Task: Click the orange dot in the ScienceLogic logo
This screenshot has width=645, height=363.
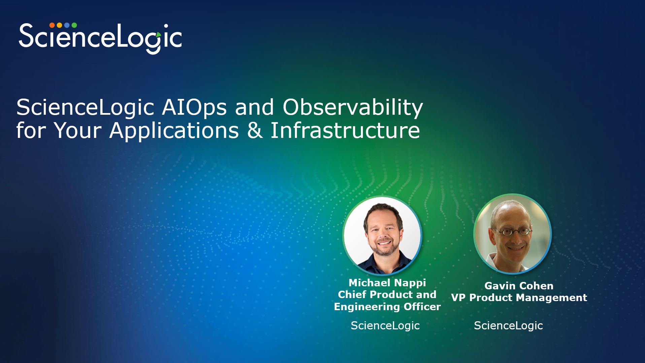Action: [x=52, y=25]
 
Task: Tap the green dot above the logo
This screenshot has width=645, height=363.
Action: [x=74, y=25]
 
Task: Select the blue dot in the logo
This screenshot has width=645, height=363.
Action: [x=67, y=25]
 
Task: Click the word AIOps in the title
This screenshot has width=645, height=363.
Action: [x=194, y=108]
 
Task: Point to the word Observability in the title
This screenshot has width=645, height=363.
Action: [x=352, y=108]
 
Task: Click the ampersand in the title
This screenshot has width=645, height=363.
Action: [x=255, y=130]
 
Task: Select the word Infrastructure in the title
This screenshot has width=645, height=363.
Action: [x=345, y=130]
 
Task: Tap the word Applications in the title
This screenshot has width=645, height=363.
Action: [x=174, y=131]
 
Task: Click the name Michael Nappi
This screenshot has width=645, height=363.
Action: [x=387, y=283]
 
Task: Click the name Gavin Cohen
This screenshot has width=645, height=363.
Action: [x=519, y=286]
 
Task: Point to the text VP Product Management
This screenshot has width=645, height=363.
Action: [x=519, y=297]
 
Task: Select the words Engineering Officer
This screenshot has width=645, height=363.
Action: [x=387, y=307]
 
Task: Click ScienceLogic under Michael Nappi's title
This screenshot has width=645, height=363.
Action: [x=385, y=326]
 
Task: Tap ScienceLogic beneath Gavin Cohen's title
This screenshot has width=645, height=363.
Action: [x=508, y=326]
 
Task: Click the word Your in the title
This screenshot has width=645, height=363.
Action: [x=78, y=130]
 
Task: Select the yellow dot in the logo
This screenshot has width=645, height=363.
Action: [x=59, y=25]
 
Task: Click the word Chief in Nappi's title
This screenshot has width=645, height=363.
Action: [x=352, y=295]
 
